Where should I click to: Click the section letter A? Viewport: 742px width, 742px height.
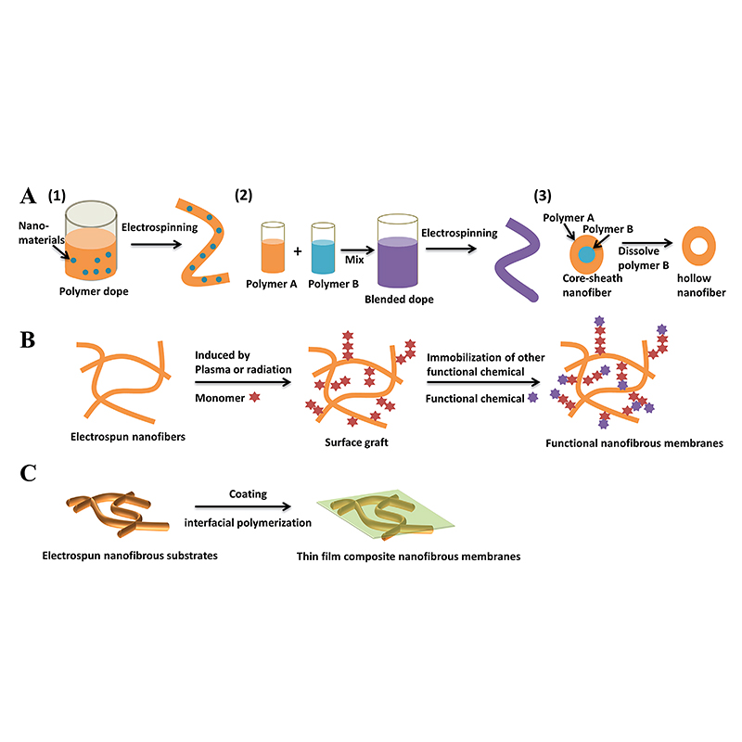[28, 197]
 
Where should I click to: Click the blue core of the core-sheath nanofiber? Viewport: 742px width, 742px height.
[586, 251]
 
